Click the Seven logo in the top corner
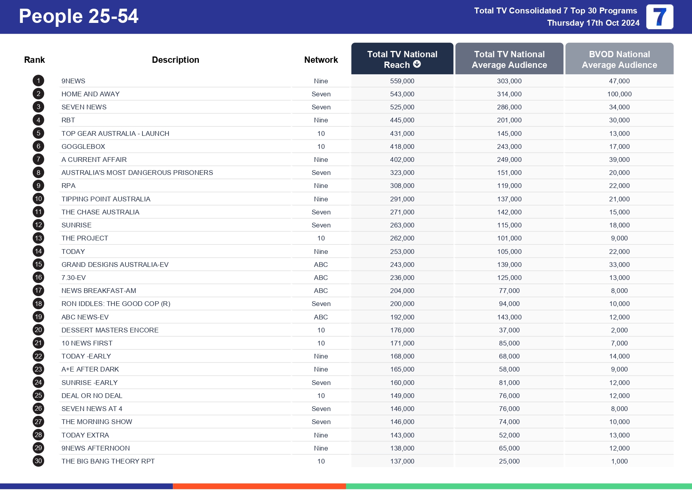pos(659,17)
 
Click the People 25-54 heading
pos(79,17)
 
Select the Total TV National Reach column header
pos(402,59)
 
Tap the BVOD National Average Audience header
pos(619,59)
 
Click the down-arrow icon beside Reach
pos(417,64)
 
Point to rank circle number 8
pos(38,173)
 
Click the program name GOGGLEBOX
pos(83,146)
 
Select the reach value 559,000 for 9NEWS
pos(402,81)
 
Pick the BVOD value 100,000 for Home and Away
pos(619,94)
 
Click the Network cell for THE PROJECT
pos(321,238)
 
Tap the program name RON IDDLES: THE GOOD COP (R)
pos(116,304)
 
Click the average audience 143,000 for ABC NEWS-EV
pos(509,317)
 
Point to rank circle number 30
pos(38,461)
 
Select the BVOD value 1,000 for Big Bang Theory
pos(619,461)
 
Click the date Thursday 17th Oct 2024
pos(593,23)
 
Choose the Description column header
pos(175,60)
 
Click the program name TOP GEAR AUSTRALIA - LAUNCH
pos(115,133)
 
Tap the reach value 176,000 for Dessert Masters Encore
pos(402,330)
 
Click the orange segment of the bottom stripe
pos(259,486)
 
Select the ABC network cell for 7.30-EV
pos(321,278)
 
